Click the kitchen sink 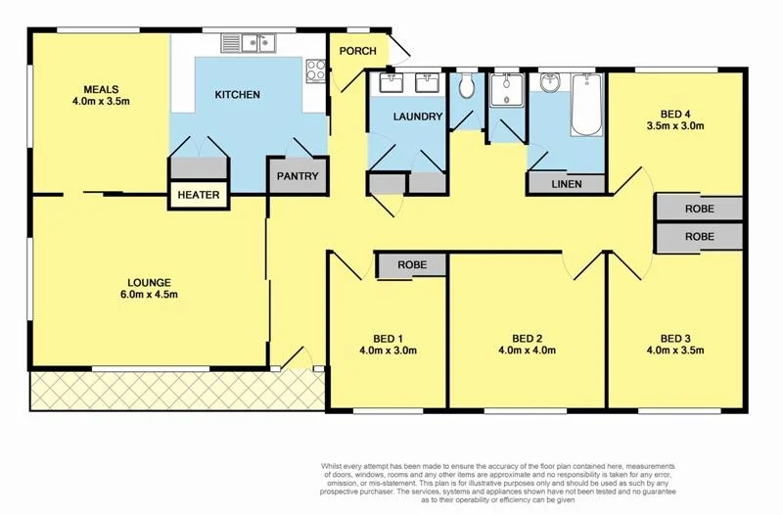pyautogui.click(x=250, y=42)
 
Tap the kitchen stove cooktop pyautogui.click(x=315, y=70)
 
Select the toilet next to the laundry pyautogui.click(x=466, y=88)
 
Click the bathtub pyautogui.click(x=586, y=106)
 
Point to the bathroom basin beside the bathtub pyautogui.click(x=549, y=82)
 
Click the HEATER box pyautogui.click(x=199, y=195)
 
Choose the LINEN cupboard pyautogui.click(x=567, y=183)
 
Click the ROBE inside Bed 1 pyautogui.click(x=411, y=264)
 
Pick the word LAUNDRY pyautogui.click(x=419, y=117)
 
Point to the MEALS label pyautogui.click(x=101, y=86)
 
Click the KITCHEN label pyautogui.click(x=238, y=95)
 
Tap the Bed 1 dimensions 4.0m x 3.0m pyautogui.click(x=389, y=350)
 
